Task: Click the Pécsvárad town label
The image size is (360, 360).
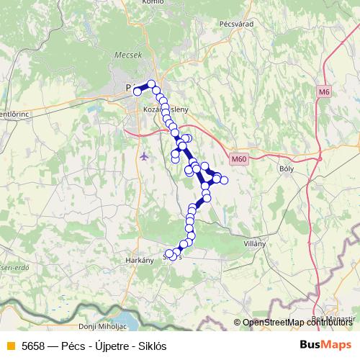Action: pyautogui.click(x=238, y=24)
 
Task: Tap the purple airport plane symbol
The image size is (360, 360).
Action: pyautogui.click(x=145, y=156)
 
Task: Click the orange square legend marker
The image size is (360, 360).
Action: pyautogui.click(x=10, y=346)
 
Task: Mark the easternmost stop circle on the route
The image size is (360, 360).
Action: pyautogui.click(x=224, y=179)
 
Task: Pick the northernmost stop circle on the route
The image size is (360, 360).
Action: pyautogui.click(x=151, y=84)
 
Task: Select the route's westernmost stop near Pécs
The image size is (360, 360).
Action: pyautogui.click(x=137, y=91)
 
